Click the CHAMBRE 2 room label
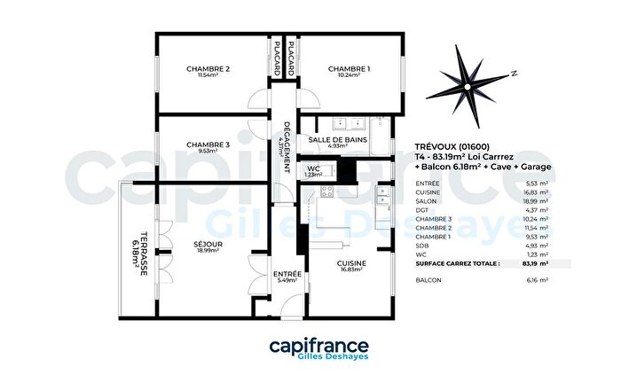(208, 69)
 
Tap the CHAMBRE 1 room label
(349, 69)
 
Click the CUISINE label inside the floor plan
(352, 263)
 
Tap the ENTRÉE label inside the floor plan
(287, 274)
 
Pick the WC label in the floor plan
(312, 168)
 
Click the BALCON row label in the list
(428, 279)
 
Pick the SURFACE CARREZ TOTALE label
(457, 263)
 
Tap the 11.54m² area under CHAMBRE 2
(208, 77)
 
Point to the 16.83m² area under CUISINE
(352, 271)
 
